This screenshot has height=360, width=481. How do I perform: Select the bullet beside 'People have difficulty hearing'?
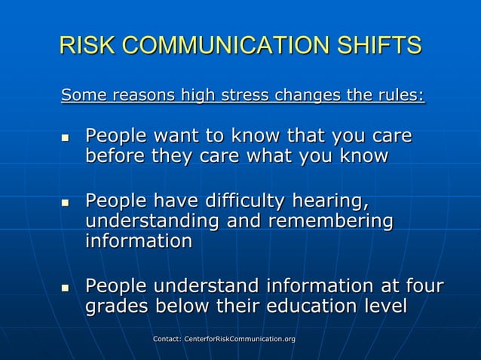(65, 203)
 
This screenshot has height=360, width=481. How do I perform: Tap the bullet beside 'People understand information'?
(65, 288)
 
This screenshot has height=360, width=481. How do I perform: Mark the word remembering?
(335, 221)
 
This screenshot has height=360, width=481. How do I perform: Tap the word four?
(423, 286)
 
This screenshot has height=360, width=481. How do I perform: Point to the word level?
(383, 307)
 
